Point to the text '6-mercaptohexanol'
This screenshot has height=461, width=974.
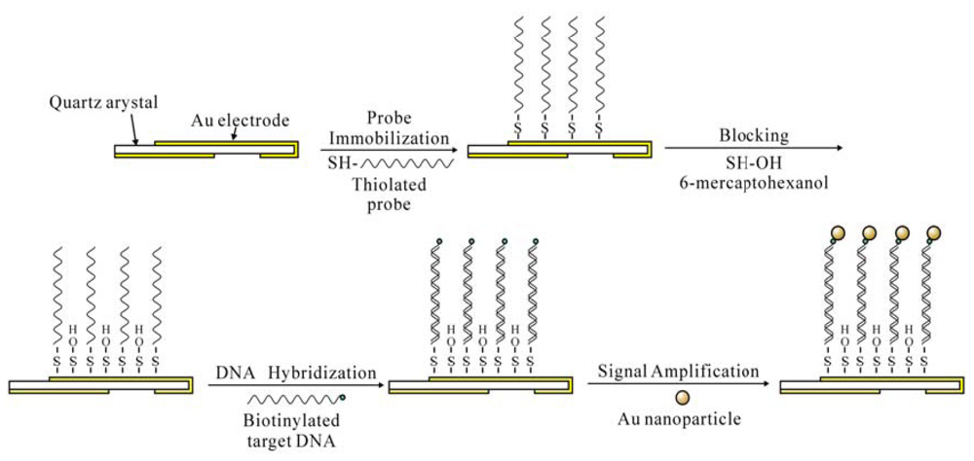[749, 181]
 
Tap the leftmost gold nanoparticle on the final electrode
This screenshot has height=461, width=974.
[839, 233]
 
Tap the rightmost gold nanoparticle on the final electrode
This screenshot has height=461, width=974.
[935, 233]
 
